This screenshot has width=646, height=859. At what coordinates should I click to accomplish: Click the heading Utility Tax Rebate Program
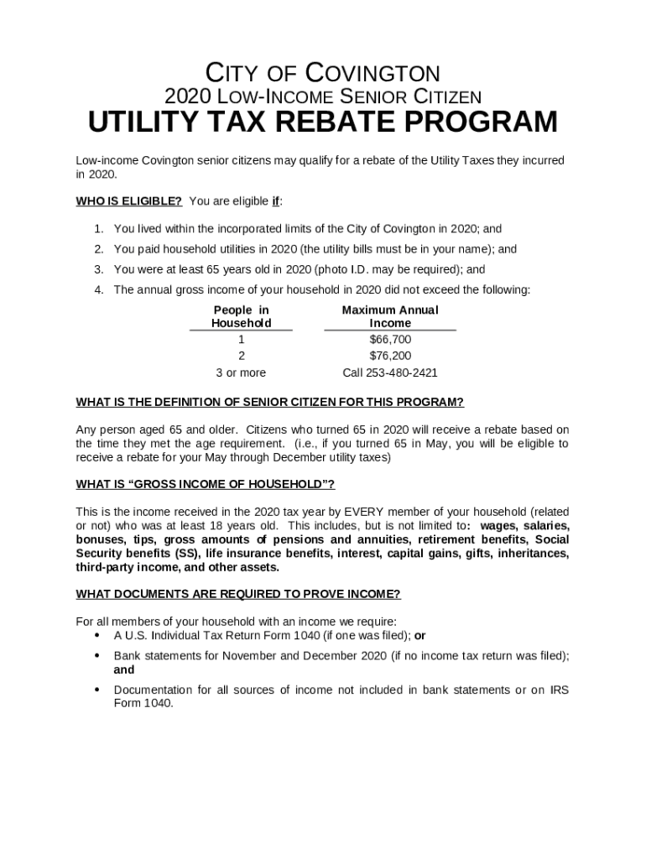pyautogui.click(x=323, y=122)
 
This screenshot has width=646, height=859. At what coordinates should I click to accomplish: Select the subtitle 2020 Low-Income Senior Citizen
pyautogui.click(x=323, y=96)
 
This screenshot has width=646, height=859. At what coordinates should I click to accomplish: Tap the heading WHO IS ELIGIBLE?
pyautogui.click(x=129, y=201)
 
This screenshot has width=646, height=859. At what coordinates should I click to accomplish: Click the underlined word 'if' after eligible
pyautogui.click(x=275, y=201)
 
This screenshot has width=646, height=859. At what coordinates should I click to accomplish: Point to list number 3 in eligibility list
pyautogui.click(x=98, y=269)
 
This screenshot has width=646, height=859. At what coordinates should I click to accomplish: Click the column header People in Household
pyautogui.click(x=241, y=316)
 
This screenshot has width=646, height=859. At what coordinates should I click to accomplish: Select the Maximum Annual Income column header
pyautogui.click(x=390, y=316)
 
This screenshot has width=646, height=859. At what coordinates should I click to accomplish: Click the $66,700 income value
pyautogui.click(x=390, y=340)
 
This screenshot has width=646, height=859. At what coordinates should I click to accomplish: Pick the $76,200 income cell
pyautogui.click(x=390, y=356)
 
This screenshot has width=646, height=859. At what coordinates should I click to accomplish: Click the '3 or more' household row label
pyautogui.click(x=241, y=372)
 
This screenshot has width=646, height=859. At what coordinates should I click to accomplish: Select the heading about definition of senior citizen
pyautogui.click(x=269, y=401)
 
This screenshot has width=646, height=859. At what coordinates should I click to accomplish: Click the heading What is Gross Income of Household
pyautogui.click(x=205, y=484)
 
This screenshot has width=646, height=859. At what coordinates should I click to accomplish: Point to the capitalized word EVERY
pyautogui.click(x=362, y=512)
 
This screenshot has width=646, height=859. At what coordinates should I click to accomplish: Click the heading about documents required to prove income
pyautogui.click(x=238, y=594)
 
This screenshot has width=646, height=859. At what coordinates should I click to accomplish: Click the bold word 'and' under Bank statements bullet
pyautogui.click(x=124, y=670)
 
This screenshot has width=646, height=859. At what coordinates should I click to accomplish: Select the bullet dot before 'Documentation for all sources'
pyautogui.click(x=97, y=690)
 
